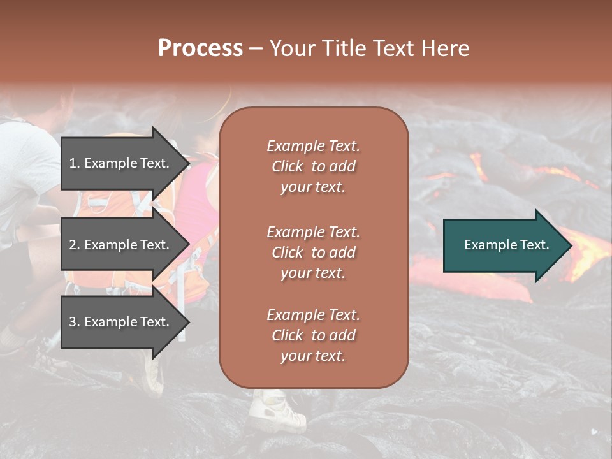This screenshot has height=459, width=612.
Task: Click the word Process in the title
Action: (200, 48)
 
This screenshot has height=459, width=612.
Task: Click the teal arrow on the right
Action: (504, 245)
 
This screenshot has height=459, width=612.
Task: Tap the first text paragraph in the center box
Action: (313, 166)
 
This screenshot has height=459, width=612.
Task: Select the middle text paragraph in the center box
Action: (313, 252)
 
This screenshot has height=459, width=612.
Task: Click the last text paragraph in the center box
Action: (313, 335)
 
